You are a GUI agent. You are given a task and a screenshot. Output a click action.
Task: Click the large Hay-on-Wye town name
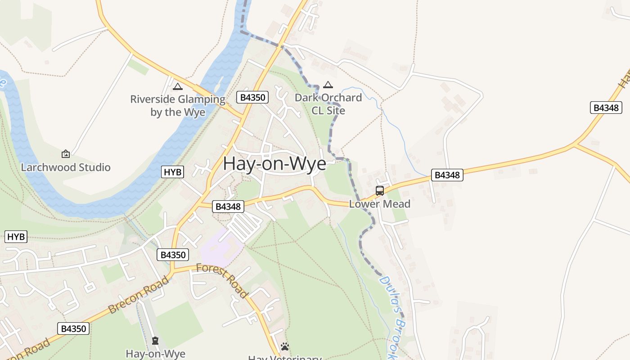click(x=274, y=163)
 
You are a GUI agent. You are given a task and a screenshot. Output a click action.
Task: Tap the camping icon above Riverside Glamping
click(x=178, y=86)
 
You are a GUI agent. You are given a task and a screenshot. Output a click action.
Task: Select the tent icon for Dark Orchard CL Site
click(x=328, y=85)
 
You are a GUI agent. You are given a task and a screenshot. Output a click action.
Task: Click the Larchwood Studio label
click(x=66, y=167)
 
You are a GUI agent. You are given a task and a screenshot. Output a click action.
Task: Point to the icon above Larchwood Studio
click(x=66, y=154)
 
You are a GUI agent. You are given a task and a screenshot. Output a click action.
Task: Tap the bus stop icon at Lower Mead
click(x=380, y=190)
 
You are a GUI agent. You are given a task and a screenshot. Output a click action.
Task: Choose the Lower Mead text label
click(x=380, y=204)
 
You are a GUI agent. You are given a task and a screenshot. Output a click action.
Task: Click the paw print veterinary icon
click(x=285, y=346)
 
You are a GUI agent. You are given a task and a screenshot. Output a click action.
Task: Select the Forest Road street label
click(x=222, y=281)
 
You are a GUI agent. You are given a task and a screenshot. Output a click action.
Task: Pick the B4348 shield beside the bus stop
click(x=447, y=175)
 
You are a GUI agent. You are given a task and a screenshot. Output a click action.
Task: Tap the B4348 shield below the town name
click(x=228, y=207)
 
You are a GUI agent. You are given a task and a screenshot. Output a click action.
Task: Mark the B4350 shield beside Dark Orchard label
click(x=252, y=97)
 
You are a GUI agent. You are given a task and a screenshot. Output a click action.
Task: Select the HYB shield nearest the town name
click(x=173, y=172)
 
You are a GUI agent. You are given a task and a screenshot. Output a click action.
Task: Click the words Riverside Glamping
click(x=178, y=99)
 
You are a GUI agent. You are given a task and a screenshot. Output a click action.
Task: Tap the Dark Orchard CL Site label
click(x=328, y=104)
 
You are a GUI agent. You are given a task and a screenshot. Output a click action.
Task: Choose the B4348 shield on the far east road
click(x=606, y=108)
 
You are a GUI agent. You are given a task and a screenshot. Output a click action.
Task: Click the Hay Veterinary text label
click(x=285, y=358)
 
